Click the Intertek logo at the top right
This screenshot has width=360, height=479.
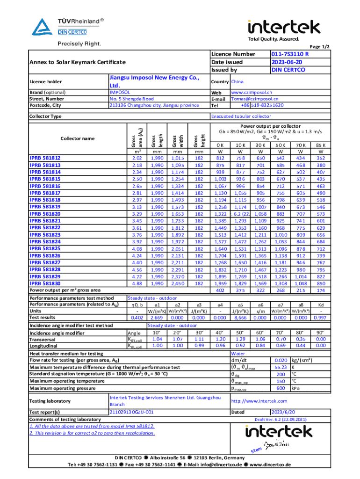point(283,27)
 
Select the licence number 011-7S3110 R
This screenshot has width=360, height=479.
point(290,54)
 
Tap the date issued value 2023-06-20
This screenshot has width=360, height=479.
point(286,62)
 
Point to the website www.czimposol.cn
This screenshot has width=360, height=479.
point(252,93)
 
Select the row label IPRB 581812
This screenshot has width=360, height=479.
point(45,158)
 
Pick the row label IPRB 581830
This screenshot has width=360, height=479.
point(45,283)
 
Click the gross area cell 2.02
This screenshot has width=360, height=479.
point(137,158)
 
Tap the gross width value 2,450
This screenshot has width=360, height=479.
point(178,283)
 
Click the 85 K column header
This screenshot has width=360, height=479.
point(321,145)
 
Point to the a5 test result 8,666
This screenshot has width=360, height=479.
point(241,318)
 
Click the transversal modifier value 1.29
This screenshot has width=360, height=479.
point(241,339)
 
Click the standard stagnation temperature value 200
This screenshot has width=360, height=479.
point(281,375)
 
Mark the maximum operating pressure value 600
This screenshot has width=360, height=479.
point(281,388)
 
